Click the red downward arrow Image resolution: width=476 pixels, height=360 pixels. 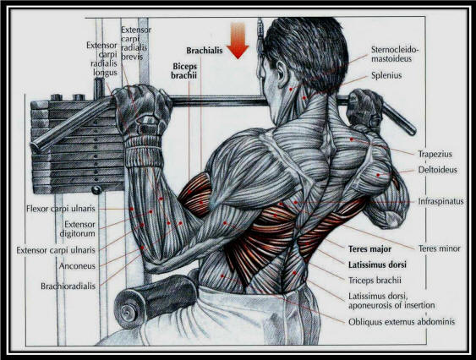(238, 41)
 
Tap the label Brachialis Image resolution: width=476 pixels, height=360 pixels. (205, 51)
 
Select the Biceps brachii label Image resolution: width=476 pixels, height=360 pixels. (184, 71)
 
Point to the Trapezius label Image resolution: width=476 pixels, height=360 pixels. (435, 154)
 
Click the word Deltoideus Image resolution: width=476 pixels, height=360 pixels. (437, 170)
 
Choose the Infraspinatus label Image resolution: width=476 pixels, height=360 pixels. (440, 201)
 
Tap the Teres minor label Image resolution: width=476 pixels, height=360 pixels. (440, 249)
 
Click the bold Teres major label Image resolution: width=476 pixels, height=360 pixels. (369, 249)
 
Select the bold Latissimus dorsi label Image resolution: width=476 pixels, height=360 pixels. (377, 265)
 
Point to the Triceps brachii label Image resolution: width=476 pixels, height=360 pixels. (375, 281)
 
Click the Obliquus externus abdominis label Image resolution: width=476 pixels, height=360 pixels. (402, 322)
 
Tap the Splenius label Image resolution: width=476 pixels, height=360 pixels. (386, 75)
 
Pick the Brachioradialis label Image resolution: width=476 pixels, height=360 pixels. (68, 286)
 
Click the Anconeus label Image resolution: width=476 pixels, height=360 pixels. (77, 266)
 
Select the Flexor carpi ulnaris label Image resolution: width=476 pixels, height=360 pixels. (61, 209)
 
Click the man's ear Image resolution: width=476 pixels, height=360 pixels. (282, 74)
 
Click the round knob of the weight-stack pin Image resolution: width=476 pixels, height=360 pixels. (97, 190)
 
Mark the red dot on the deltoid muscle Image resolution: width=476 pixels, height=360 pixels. (378, 175)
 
